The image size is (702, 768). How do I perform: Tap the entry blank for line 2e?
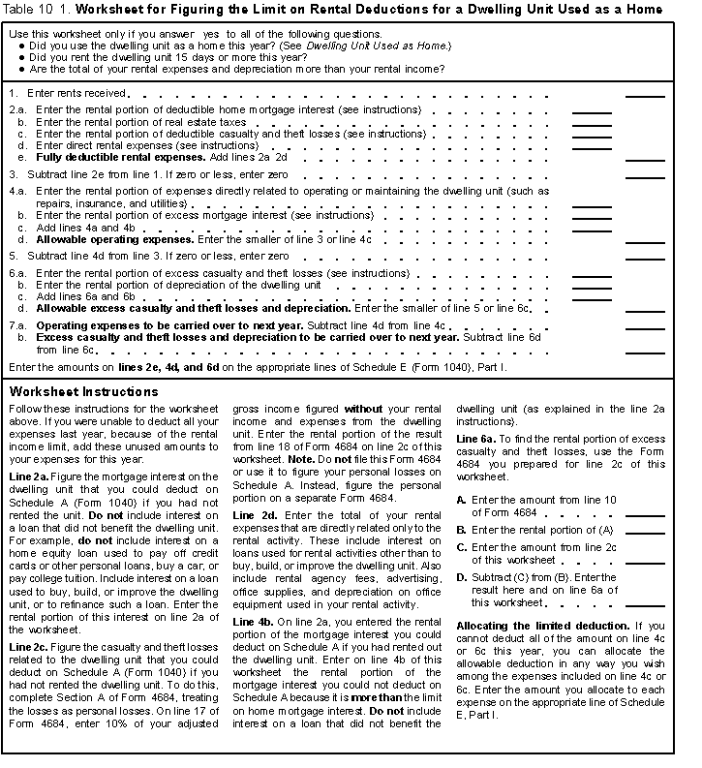pyautogui.click(x=645, y=157)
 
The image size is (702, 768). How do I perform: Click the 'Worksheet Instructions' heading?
pyautogui.click(x=83, y=392)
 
